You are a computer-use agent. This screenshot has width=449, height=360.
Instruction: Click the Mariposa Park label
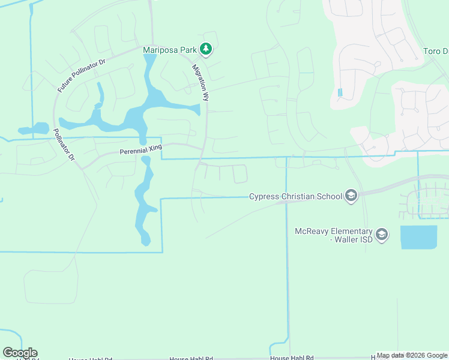click(170, 50)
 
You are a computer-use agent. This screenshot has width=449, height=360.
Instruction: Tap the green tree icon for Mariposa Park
click(206, 49)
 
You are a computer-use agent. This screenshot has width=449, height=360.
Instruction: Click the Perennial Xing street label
click(141, 151)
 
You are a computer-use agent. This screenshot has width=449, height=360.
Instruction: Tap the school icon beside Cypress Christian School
click(351, 196)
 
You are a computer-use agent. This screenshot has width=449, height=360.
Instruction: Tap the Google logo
click(20, 353)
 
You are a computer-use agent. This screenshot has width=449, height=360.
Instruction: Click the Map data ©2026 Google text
click(412, 355)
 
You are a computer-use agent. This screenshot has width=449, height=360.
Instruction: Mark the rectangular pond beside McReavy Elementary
click(418, 237)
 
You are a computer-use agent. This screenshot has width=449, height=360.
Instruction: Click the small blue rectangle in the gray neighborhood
click(340, 93)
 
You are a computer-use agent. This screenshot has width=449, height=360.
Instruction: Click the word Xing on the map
click(154, 150)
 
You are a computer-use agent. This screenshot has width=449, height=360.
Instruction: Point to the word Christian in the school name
click(303, 196)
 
